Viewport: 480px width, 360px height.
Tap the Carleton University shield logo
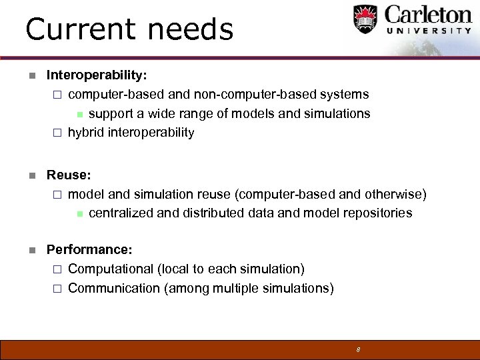coord(365,20)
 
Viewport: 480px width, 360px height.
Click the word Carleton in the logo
coord(428,15)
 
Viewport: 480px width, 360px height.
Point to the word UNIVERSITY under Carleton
coord(428,31)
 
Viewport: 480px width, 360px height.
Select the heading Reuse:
coord(69,175)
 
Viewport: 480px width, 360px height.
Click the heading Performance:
coord(89,250)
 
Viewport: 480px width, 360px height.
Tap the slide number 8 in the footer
coord(358,349)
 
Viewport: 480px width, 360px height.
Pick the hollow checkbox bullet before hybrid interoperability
coord(57,133)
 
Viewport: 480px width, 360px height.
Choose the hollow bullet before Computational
coord(57,269)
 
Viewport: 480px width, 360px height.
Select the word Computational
coord(111,269)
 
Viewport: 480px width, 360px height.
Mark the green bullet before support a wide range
coord(78,114)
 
